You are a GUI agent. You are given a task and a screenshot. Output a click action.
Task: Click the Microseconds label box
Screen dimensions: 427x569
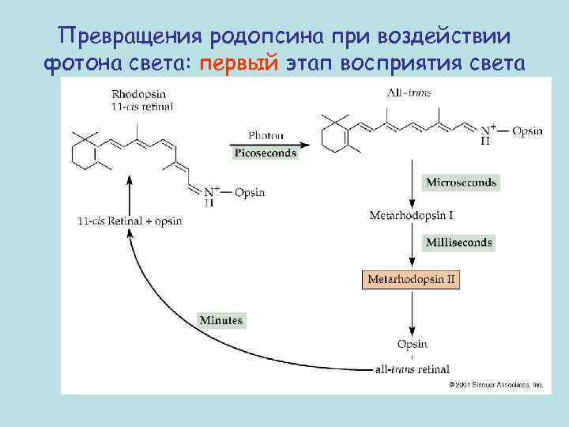462,183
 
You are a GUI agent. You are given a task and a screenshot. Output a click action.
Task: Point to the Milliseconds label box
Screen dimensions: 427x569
459,243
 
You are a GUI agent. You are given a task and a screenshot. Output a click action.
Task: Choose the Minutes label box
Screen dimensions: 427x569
221,320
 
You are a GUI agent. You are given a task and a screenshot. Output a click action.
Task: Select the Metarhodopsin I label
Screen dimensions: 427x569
412,215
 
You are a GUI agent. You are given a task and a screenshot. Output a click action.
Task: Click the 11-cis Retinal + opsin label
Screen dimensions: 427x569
130,221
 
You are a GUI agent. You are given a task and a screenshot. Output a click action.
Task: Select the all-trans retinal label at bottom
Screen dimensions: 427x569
412,368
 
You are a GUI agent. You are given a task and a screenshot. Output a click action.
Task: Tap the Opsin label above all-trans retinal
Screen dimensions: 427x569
412,344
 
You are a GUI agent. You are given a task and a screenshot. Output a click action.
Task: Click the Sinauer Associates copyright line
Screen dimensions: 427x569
496,385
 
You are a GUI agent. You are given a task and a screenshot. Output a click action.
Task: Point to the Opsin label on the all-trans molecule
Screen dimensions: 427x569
527,130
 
